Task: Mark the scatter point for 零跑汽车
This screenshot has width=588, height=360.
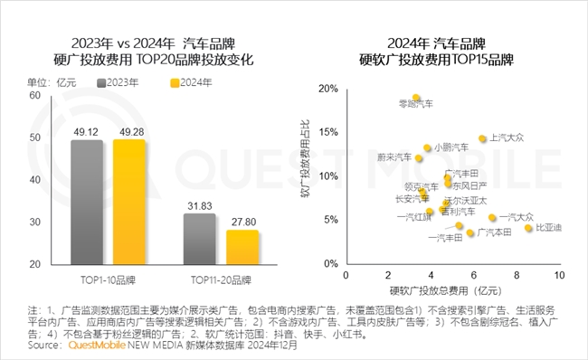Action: coord(416,98)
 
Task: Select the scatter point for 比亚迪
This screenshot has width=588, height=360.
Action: coord(528,228)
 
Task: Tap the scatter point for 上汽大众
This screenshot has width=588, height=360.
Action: coord(482,139)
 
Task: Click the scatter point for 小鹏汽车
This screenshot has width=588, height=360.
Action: coord(427,148)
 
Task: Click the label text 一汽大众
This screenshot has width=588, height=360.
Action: coord(517,217)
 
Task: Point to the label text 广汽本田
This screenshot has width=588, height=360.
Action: coord(494,232)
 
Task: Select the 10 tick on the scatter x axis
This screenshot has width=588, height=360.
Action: coord(559,274)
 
